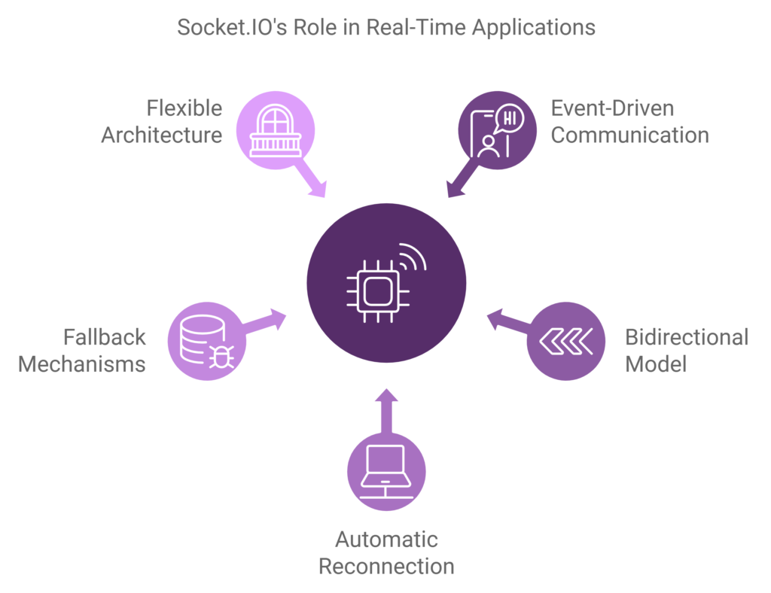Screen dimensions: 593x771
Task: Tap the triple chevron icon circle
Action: tap(565, 341)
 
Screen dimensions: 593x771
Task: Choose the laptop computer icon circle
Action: tap(385, 472)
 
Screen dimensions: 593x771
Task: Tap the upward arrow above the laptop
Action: tap(385, 410)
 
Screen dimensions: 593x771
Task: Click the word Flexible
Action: tap(184, 108)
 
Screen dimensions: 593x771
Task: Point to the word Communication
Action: tap(630, 135)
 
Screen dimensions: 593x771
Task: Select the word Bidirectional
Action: tap(687, 336)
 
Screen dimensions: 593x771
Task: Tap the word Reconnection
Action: tap(386, 566)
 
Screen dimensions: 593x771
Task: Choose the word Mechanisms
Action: tap(81, 364)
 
